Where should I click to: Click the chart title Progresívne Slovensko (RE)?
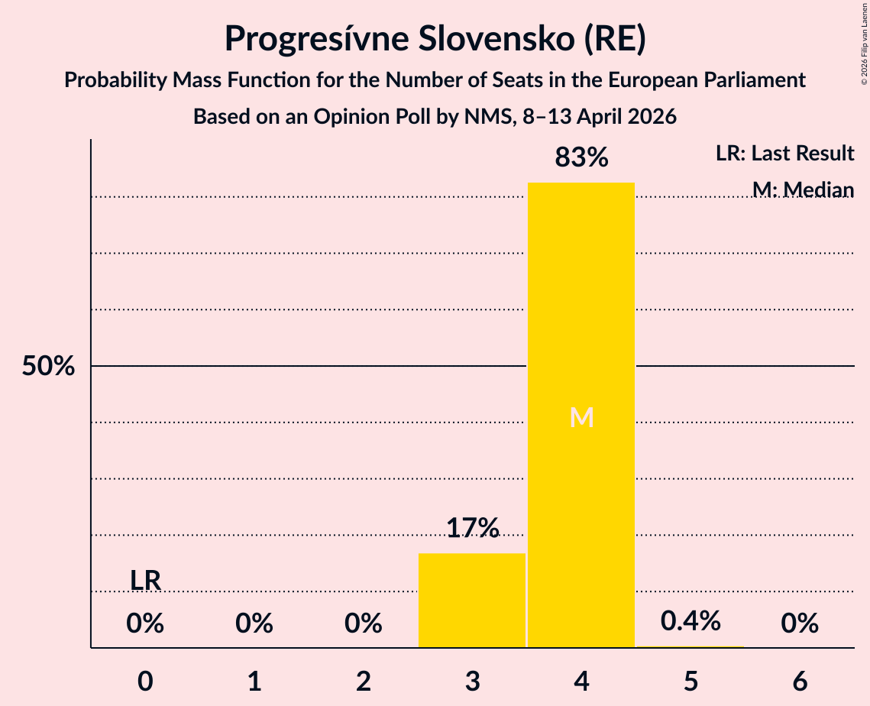point(435,38)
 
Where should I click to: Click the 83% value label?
point(581,158)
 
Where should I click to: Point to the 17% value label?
point(472,528)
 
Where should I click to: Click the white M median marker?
point(581,417)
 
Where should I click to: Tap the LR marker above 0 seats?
point(145,581)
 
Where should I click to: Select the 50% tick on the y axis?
point(48,367)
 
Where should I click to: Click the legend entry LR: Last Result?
point(784,154)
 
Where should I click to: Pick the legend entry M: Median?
point(802,189)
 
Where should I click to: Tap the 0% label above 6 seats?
point(800,624)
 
